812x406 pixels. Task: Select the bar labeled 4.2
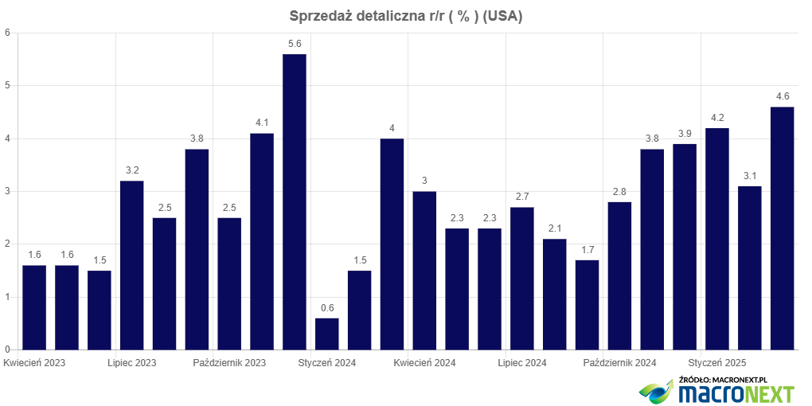point(717,239)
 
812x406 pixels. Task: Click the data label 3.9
point(685,134)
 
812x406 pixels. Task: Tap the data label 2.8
point(619,192)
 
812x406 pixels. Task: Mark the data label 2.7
point(522,197)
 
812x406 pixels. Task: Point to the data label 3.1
point(750,176)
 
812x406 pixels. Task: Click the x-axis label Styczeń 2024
point(327,363)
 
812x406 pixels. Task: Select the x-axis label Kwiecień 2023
point(34,363)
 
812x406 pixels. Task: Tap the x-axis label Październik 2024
point(619,363)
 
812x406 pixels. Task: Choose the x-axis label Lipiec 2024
point(522,363)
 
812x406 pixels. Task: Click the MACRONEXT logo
point(716,392)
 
